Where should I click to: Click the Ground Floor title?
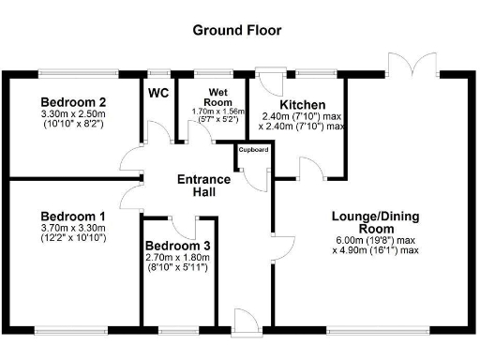point(236,30)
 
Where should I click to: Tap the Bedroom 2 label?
point(72,102)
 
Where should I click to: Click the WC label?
point(158,93)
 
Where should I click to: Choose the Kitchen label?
point(302,104)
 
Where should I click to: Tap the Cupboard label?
point(253,149)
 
